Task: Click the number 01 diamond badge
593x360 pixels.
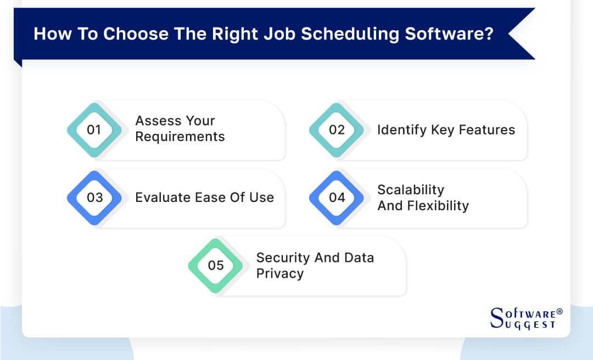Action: tap(94, 130)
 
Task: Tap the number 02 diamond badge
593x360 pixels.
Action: tap(337, 130)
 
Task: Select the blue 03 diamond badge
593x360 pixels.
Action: tap(94, 198)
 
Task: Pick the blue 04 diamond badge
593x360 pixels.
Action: tap(337, 198)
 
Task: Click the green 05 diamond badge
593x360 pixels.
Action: tap(216, 266)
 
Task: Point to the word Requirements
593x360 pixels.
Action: tap(180, 137)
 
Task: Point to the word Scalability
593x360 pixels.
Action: tap(411, 190)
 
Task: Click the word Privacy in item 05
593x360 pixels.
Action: tap(280, 274)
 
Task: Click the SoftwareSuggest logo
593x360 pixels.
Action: tap(525, 318)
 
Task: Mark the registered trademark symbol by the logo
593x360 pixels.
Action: tap(560, 312)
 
